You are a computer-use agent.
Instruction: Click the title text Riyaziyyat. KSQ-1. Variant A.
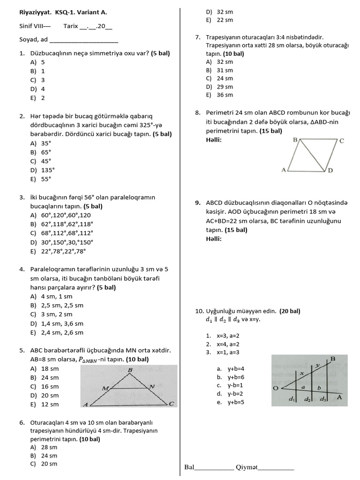(x=59, y=13)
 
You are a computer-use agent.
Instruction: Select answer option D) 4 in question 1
(x=38, y=89)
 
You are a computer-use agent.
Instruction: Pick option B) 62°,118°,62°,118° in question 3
(x=61, y=224)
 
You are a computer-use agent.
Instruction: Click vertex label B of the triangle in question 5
(x=130, y=370)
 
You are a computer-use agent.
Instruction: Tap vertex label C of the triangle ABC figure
(x=171, y=404)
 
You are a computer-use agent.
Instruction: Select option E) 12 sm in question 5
(x=45, y=405)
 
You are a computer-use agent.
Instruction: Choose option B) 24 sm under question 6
(x=44, y=456)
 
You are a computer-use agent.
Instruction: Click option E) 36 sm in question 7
(x=219, y=95)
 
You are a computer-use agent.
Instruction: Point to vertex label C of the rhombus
(x=342, y=141)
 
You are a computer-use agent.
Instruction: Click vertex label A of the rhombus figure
(x=283, y=171)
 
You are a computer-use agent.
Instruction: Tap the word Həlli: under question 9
(x=214, y=239)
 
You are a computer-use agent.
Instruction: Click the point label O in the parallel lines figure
(x=276, y=389)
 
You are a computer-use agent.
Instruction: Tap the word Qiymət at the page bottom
(x=247, y=467)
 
